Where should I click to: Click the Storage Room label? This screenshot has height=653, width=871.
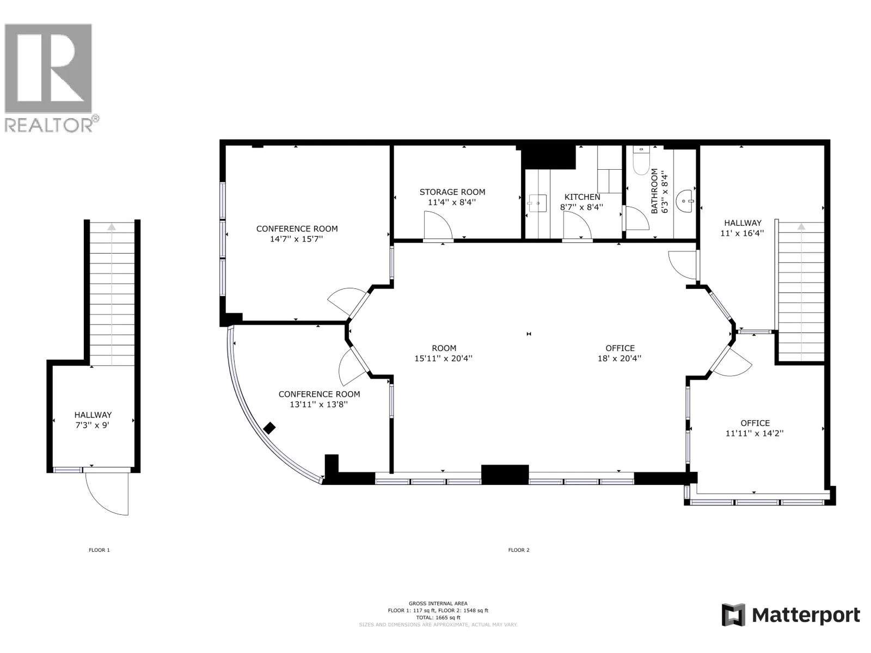pyautogui.click(x=452, y=192)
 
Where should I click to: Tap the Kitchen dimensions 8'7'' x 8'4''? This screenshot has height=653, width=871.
pyautogui.click(x=581, y=207)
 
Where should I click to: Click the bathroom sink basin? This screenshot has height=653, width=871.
pyautogui.click(x=686, y=201)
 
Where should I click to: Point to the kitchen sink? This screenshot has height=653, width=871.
pyautogui.click(x=538, y=203)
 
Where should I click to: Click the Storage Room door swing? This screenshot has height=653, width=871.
pyautogui.click(x=438, y=225)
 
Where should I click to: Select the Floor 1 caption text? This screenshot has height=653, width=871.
pyautogui.click(x=99, y=550)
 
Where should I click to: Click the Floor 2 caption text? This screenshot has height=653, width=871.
pyautogui.click(x=519, y=550)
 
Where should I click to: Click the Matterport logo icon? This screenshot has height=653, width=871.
pyautogui.click(x=733, y=615)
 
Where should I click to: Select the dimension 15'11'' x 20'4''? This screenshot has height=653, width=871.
pyautogui.click(x=443, y=359)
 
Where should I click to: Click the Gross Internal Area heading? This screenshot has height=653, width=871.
pyautogui.click(x=438, y=603)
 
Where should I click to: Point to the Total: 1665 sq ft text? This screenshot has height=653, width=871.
pyautogui.click(x=438, y=617)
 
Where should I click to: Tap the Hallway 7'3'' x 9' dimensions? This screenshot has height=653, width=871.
pyautogui.click(x=93, y=426)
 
